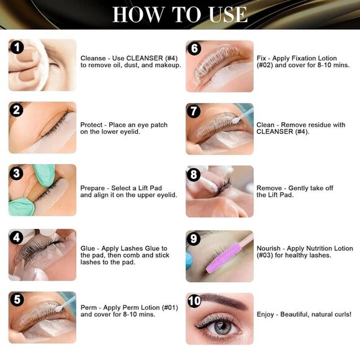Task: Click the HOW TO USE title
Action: pyautogui.click(x=180, y=14)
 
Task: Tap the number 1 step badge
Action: pyautogui.click(x=17, y=48)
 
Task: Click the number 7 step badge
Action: pyautogui.click(x=194, y=111)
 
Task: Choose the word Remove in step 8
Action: pyautogui.click(x=270, y=188)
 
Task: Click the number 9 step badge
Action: pyautogui.click(x=194, y=238)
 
